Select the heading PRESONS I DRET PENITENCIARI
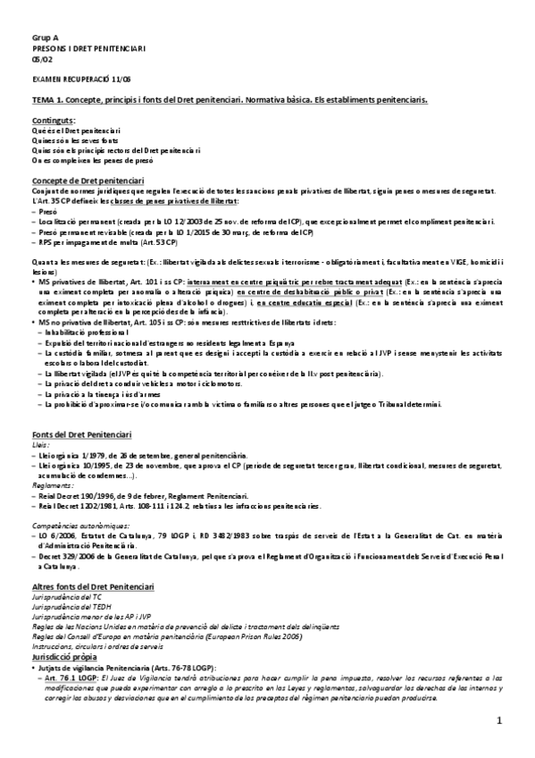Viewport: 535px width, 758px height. [76, 48]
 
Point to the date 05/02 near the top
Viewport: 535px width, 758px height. [41, 59]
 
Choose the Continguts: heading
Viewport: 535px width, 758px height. [54, 120]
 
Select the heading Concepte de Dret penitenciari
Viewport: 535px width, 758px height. [84, 179]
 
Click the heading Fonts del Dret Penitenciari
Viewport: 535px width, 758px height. [81, 434]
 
